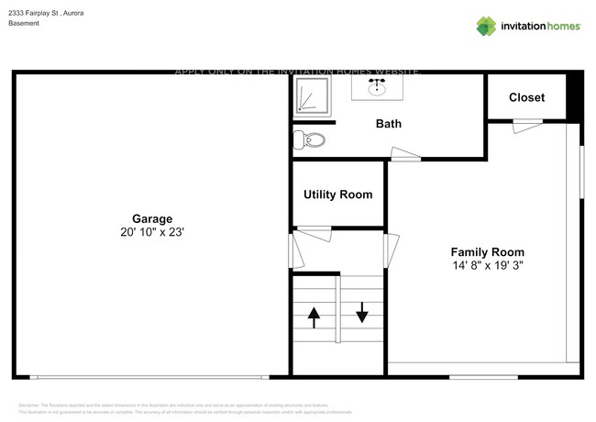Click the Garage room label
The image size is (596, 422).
click(x=152, y=218)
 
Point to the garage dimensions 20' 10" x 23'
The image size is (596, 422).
click(x=152, y=233)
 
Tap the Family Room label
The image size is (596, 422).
click(x=487, y=251)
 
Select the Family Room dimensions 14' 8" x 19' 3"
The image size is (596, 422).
click(x=487, y=266)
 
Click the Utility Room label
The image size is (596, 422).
click(x=338, y=194)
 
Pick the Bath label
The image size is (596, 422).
click(x=389, y=124)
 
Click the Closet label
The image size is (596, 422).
click(x=526, y=97)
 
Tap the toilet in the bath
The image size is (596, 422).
click(x=310, y=140)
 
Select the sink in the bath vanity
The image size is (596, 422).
click(x=376, y=89)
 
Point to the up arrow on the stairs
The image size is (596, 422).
click(x=314, y=317)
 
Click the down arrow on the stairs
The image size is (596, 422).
click(x=362, y=313)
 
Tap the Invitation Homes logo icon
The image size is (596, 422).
click(x=486, y=26)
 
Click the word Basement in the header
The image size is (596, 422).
click(x=25, y=24)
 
